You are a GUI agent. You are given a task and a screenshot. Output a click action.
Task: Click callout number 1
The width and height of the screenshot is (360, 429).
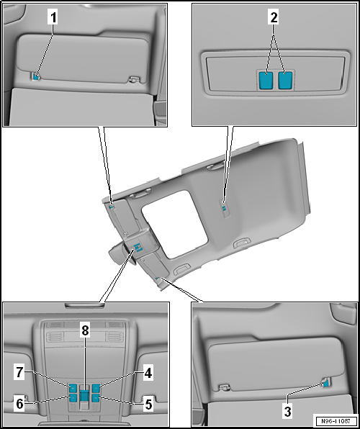53,18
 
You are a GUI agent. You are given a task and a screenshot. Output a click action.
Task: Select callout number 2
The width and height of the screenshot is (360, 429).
274,18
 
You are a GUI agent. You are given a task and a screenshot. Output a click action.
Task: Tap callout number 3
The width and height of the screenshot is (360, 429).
287,412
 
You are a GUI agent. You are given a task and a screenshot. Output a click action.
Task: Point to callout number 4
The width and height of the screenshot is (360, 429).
148,373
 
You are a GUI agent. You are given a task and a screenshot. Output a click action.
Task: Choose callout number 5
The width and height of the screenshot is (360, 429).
148,405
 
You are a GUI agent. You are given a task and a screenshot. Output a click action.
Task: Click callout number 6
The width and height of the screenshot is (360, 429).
19,405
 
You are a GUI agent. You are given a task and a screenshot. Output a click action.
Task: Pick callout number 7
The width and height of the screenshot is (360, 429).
19,373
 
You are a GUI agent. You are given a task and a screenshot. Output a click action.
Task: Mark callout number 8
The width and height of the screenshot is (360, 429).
85,331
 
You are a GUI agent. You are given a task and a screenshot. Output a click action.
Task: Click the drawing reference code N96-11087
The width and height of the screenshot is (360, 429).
336,421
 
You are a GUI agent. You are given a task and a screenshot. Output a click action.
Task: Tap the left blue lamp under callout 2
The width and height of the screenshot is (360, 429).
266,80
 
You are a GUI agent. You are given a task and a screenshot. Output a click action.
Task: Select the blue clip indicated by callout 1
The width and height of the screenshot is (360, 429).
35,77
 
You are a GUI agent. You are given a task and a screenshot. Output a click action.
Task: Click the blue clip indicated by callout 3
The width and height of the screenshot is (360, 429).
326,384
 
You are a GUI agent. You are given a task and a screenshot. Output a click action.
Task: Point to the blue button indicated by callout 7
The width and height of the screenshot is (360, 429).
73,387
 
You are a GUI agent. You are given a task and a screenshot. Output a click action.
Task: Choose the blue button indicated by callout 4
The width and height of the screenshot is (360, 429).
96,387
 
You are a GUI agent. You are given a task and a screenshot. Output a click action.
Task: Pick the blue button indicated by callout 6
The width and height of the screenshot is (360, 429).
73,397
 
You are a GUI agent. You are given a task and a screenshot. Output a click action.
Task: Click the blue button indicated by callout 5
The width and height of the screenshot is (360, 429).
96,397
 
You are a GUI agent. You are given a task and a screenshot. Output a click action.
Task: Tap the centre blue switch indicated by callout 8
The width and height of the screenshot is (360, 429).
84,396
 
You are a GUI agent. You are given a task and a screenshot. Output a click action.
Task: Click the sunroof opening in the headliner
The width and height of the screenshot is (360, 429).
174,225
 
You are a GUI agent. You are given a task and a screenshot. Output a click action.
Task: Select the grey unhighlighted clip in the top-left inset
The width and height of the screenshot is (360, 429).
134,79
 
